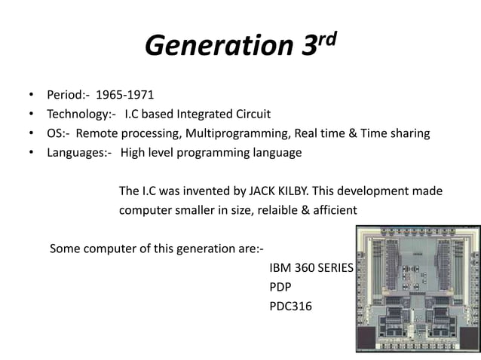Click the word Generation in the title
[215, 47]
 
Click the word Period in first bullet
[65, 95]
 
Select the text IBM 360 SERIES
[311, 268]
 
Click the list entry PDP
[280, 287]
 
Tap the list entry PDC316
[290, 307]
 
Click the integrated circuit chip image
[418, 289]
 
